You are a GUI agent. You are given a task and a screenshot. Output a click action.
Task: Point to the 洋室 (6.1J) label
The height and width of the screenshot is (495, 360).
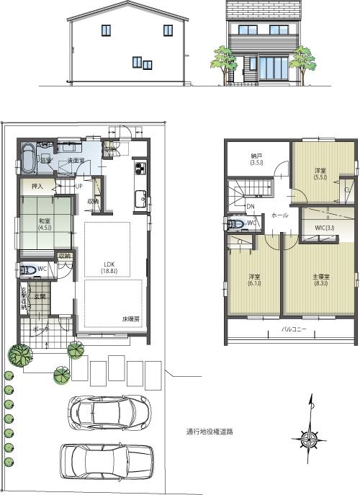tap(253, 280)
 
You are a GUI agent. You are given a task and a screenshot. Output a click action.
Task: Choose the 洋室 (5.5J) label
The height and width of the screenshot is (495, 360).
tap(319, 174)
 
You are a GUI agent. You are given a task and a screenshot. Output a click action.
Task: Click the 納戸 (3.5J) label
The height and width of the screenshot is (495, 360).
tap(256, 159)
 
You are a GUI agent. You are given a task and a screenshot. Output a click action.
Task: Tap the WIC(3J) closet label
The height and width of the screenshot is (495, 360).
tap(325, 228)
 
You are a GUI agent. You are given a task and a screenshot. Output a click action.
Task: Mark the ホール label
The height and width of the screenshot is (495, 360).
tap(281, 215)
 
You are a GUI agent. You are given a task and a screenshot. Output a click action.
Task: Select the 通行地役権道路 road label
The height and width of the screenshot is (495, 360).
tap(210, 432)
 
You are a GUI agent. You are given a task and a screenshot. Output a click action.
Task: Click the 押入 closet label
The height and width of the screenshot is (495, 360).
tap(37, 187)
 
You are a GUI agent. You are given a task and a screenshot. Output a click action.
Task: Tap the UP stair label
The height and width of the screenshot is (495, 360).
tap(79, 186)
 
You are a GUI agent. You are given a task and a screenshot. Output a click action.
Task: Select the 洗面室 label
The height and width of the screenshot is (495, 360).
tap(68, 159)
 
